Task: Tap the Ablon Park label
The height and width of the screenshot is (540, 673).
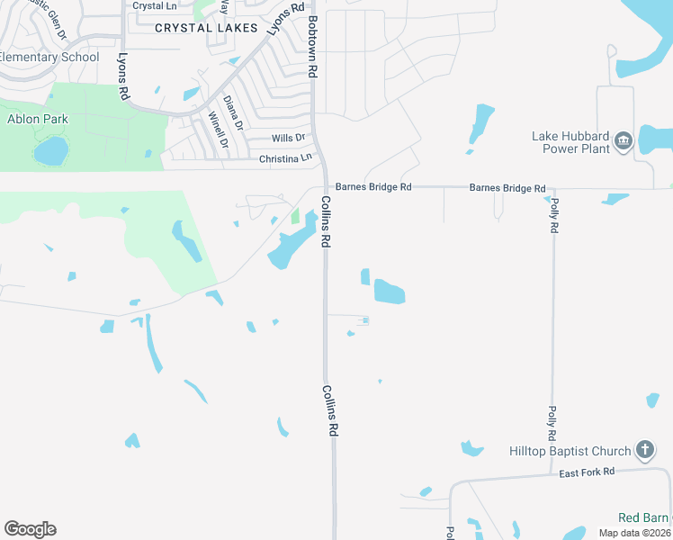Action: point(38,119)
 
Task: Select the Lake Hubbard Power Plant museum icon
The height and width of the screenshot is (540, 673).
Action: point(623,141)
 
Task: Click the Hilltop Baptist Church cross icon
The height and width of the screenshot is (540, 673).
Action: point(644,449)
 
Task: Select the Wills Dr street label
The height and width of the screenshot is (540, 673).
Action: point(288,139)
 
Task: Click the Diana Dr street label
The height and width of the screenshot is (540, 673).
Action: point(233,113)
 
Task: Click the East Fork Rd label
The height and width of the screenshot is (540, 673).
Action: point(586,472)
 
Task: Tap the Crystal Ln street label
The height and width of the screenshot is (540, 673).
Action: point(154,6)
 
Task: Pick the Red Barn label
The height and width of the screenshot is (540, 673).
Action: point(643,517)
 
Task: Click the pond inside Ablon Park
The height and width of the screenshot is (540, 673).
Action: point(51,150)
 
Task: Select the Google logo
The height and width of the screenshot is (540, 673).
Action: point(30,529)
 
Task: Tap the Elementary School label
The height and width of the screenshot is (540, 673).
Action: point(49,58)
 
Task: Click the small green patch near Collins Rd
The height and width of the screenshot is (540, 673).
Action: point(295,217)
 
